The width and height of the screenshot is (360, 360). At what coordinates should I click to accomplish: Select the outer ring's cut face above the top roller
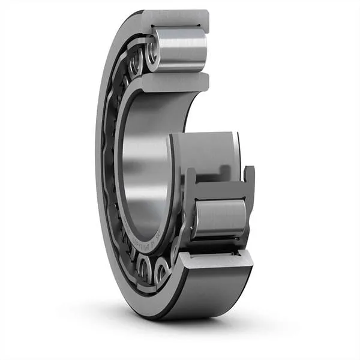tap(178, 20)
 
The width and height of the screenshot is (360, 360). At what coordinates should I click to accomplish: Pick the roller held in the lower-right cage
tap(220, 218)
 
